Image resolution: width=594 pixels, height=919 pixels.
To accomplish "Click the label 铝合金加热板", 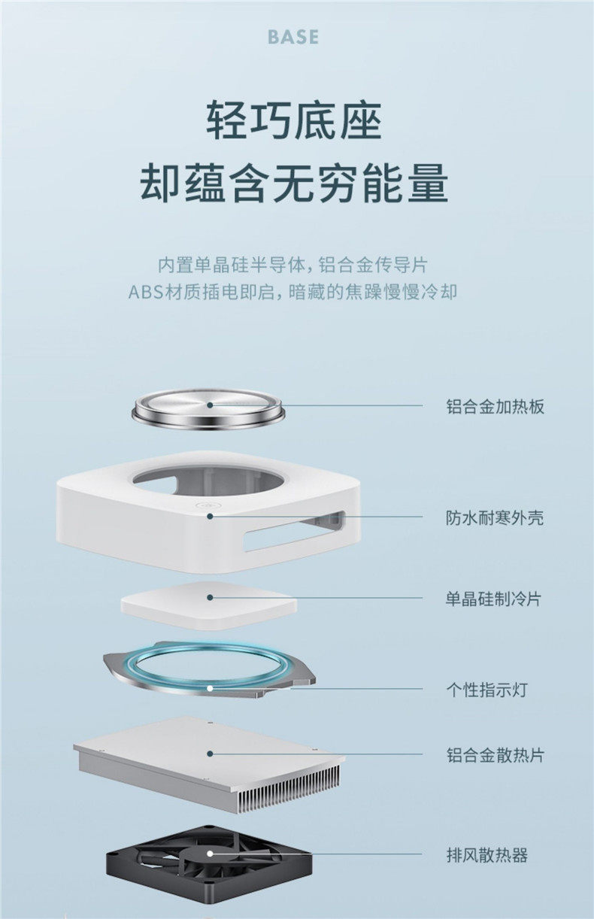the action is coord(494,407).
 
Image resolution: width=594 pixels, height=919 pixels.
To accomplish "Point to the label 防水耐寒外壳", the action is coord(494,517).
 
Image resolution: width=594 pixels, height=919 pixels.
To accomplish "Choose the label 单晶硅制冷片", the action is coord(493,599).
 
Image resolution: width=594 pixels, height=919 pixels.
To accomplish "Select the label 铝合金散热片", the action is coord(494,754).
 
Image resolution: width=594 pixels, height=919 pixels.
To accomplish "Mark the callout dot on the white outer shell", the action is coord(211,517).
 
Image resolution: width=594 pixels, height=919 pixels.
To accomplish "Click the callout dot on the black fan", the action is coord(211,854).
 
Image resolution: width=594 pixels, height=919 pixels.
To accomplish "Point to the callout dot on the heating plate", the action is coord(211,405).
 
